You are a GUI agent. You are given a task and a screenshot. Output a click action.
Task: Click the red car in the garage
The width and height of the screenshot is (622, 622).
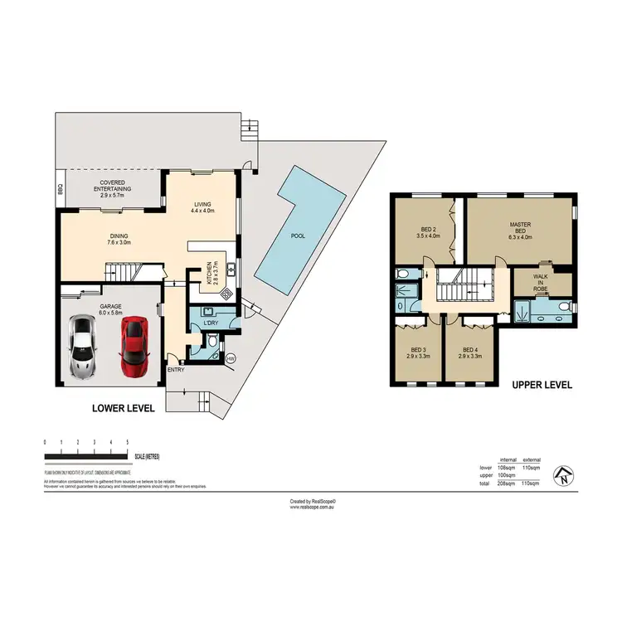click(x=134, y=344)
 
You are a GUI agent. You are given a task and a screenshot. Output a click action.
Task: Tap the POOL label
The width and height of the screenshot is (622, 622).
click(x=298, y=236)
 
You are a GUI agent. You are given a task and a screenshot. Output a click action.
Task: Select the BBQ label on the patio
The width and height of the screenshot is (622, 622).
click(x=61, y=190)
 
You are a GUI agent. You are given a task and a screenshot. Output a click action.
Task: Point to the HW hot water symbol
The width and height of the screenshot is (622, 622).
click(x=231, y=358)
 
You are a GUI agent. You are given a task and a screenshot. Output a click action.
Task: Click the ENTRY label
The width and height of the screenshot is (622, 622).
click(x=175, y=369)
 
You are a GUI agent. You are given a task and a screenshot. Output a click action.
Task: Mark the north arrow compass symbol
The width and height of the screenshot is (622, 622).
click(x=563, y=475)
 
